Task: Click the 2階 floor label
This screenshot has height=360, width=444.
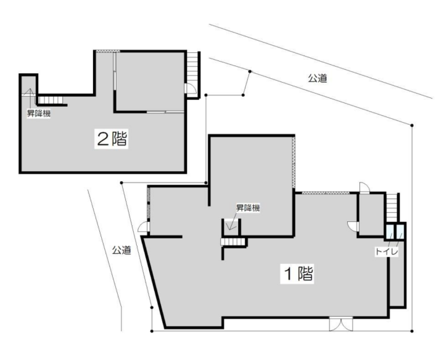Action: click(x=111, y=139)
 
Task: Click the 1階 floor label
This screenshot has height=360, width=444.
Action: click(x=297, y=274)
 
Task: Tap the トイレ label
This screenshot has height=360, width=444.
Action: click(x=387, y=252)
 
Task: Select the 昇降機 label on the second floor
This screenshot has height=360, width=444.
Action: click(x=39, y=114)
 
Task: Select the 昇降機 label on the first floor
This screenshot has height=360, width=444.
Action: click(x=248, y=208)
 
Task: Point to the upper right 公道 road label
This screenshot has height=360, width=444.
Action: click(x=318, y=78)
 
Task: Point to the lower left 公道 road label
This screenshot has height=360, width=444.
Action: click(x=121, y=250)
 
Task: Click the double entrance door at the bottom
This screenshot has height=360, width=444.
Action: click(x=341, y=324)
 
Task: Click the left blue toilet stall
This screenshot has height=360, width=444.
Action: click(x=390, y=232)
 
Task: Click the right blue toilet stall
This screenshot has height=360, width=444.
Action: click(x=400, y=232)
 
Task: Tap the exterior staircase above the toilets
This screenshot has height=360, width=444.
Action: click(x=392, y=208)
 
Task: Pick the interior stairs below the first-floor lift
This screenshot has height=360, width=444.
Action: click(x=232, y=242)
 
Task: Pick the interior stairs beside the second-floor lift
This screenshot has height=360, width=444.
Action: click(x=50, y=100)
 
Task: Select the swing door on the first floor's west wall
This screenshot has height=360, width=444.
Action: click(x=144, y=227)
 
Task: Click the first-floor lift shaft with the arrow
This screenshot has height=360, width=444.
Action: click(x=231, y=227)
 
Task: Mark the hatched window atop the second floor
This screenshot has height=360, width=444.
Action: click(x=107, y=51)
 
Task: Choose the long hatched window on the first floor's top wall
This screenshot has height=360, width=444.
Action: click(x=326, y=193)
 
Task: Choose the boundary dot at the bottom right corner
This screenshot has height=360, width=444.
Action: click(x=412, y=331)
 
